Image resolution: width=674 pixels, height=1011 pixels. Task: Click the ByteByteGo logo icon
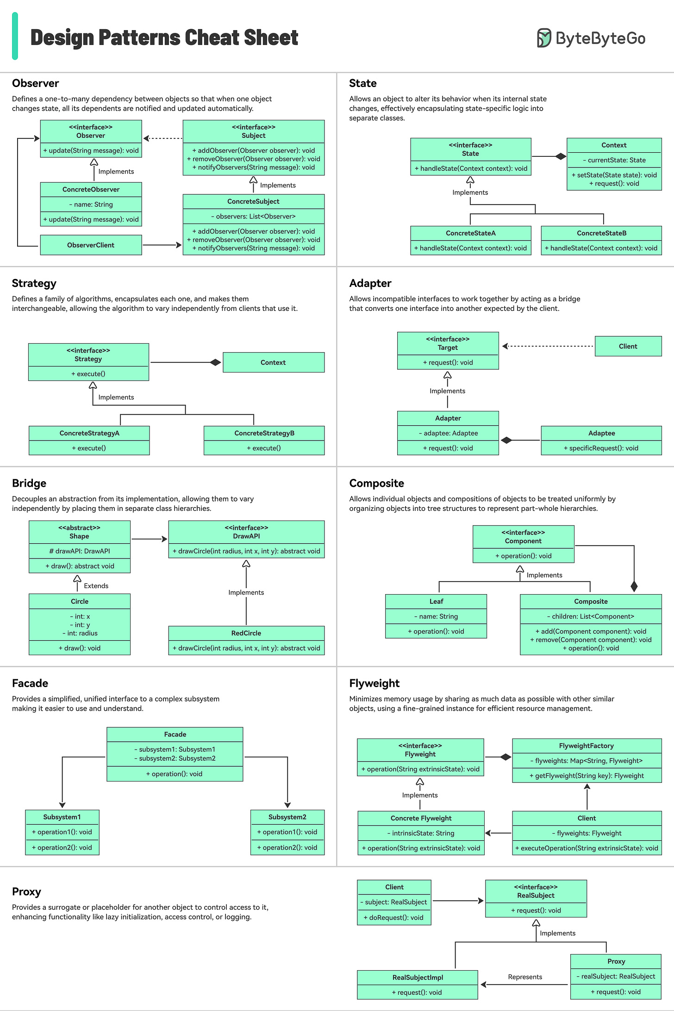point(544,38)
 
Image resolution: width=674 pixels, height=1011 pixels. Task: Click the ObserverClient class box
point(91,245)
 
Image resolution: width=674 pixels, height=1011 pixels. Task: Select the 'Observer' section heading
point(36,83)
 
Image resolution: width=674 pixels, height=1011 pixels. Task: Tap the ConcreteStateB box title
point(601,233)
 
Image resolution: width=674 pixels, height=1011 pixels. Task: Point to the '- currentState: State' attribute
point(614,160)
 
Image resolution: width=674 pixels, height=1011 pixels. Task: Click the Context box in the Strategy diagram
point(273,362)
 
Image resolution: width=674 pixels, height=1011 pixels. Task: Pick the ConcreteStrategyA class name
point(89,433)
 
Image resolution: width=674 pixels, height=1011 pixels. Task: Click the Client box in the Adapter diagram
point(628,346)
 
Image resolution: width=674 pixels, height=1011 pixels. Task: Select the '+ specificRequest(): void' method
point(601,448)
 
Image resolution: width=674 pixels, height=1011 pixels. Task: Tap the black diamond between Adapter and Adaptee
point(506,440)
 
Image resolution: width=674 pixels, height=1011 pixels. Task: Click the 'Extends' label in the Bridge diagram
point(96,586)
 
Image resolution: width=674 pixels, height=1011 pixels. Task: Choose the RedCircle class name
point(246,633)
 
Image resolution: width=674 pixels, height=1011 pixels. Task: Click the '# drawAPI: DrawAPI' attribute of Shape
point(80,551)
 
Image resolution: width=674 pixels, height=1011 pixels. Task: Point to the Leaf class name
point(436,602)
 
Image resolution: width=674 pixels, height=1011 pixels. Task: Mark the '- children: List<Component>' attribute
point(591,616)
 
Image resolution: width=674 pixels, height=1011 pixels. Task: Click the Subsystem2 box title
point(287,817)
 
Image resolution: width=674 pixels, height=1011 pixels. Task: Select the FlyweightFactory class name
point(587,746)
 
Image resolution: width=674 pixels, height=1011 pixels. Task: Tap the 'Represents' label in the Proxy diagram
point(525,977)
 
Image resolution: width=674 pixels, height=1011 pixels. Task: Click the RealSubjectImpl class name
point(418,977)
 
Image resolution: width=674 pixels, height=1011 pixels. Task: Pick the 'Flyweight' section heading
point(374,683)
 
